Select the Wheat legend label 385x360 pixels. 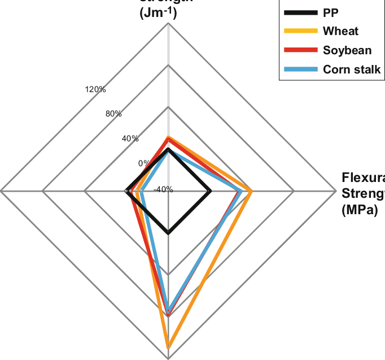click(x=341, y=31)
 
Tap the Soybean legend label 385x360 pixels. click(x=347, y=50)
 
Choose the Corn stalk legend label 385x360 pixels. click(x=352, y=69)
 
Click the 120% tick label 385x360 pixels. click(x=95, y=89)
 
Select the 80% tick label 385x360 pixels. click(x=114, y=114)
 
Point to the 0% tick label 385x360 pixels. click(x=144, y=163)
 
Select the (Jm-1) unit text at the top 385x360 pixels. click(x=159, y=14)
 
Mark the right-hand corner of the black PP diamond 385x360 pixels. click(x=211, y=192)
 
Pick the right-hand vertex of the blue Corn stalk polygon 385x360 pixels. click(x=242, y=192)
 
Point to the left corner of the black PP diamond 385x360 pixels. click(x=126, y=192)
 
